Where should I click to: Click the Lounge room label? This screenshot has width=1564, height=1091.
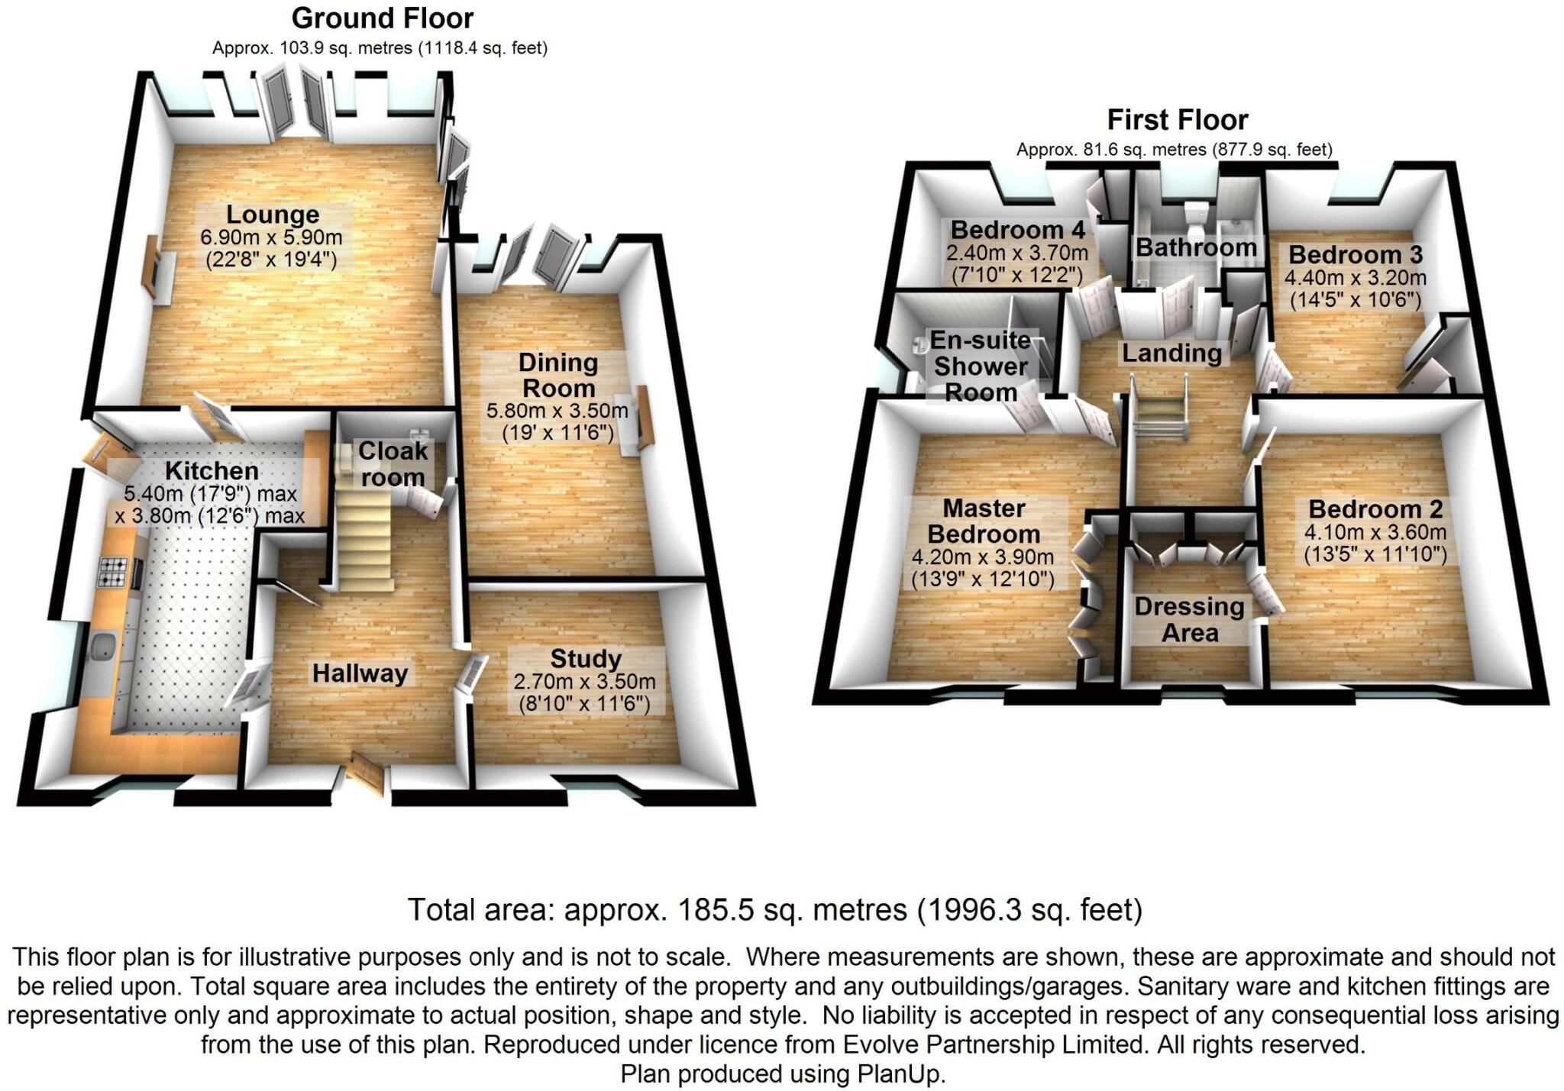272,215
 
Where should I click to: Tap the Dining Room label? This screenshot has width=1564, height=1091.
558,375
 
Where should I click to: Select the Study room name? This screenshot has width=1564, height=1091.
586,658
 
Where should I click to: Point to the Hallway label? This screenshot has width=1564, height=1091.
360,673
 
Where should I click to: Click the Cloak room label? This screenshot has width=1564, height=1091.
393,464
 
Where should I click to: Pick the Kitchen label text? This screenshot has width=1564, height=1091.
212,470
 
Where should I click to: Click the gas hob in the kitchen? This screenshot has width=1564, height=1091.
113,572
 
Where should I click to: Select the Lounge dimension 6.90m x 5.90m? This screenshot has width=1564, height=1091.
271,237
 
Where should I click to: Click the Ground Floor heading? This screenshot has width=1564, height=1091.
382,18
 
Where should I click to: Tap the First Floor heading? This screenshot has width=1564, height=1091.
1177,120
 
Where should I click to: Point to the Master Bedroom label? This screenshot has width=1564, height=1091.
984,521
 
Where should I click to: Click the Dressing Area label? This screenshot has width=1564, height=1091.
1189,619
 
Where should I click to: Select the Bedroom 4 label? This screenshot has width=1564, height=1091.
1017,230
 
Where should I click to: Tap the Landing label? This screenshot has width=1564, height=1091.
1171,353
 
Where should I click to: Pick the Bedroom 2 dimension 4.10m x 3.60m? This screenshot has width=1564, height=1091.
1375,533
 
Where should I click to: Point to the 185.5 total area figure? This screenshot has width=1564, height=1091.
701,910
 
